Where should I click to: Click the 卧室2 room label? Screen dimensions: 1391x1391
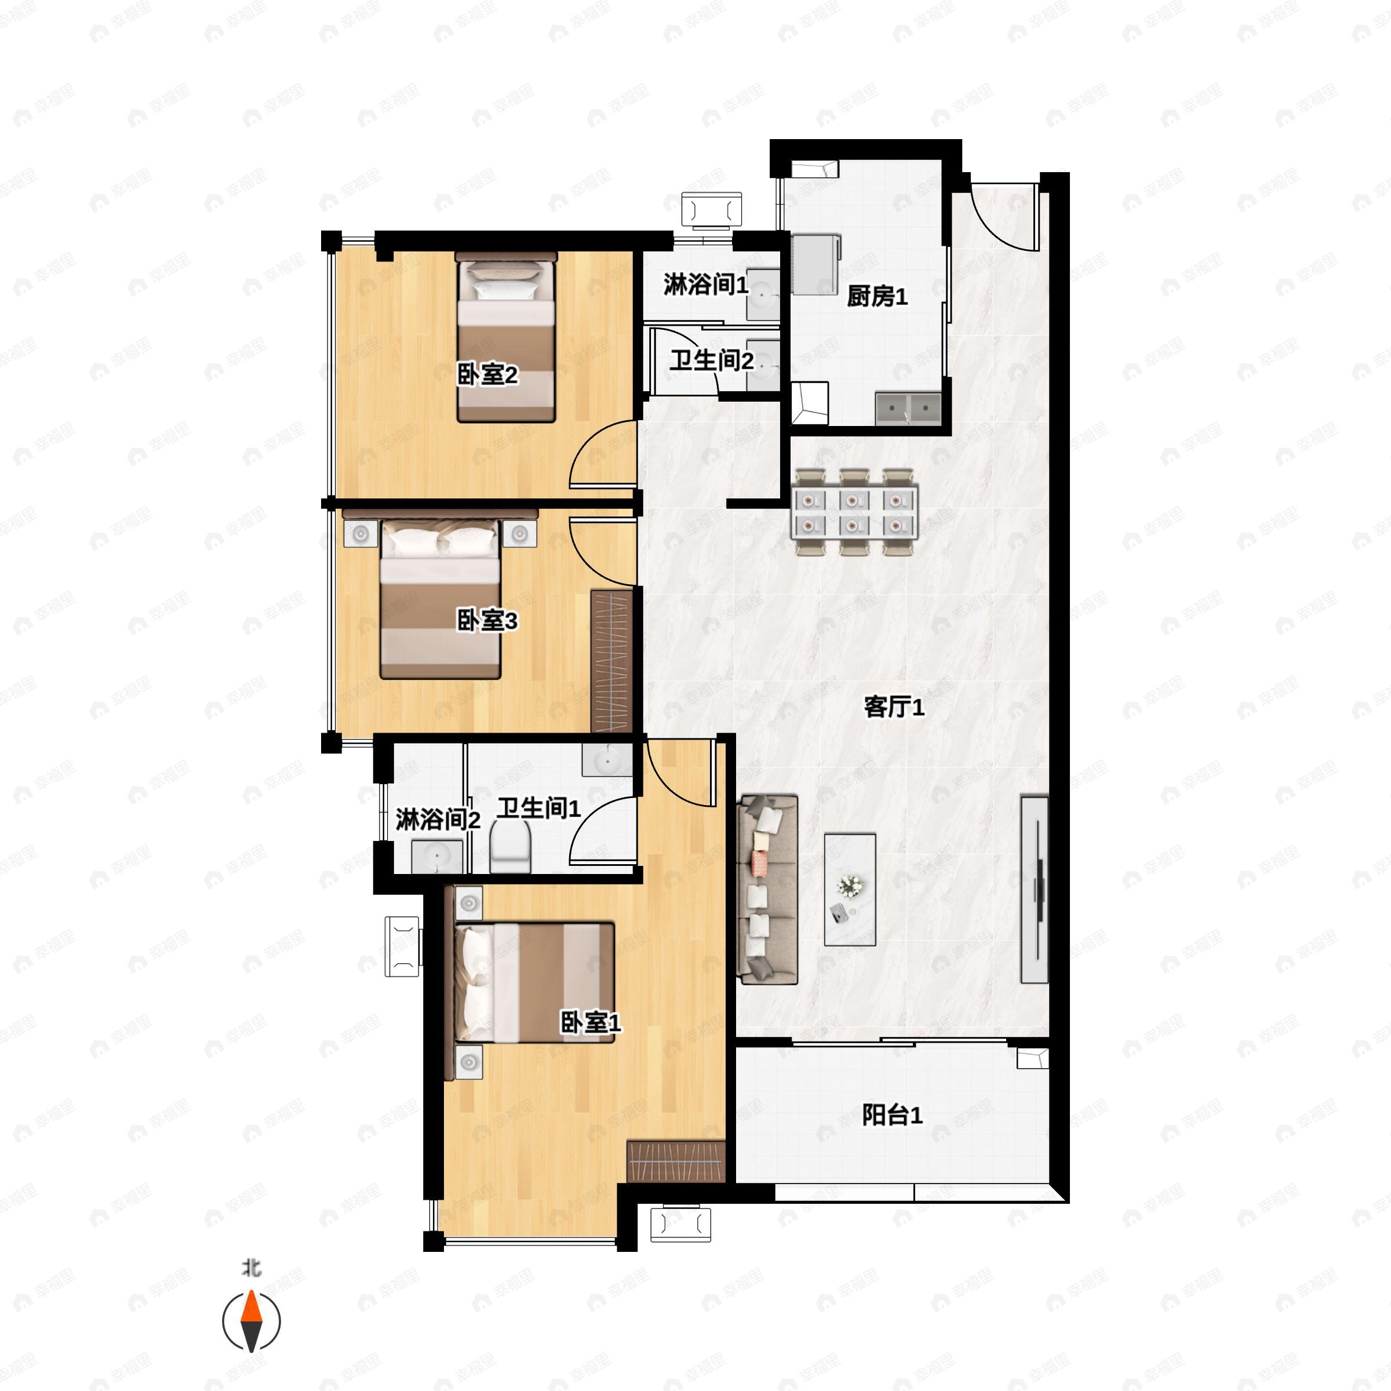(487, 375)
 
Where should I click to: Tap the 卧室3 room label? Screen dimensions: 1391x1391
(487, 620)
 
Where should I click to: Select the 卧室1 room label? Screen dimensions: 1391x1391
(591, 1022)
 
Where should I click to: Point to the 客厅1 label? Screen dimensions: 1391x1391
(894, 707)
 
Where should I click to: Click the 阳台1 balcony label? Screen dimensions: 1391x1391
(892, 1115)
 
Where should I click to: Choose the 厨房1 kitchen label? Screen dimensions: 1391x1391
(877, 296)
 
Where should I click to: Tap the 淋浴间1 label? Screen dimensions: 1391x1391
(705, 285)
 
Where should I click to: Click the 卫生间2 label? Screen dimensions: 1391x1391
(711, 360)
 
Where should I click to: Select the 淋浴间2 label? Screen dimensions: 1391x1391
(438, 820)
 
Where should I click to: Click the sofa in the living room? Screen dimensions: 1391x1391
(768, 889)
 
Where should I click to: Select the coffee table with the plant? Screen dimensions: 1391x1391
(850, 890)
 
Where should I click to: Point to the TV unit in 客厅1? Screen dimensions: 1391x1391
(1035, 889)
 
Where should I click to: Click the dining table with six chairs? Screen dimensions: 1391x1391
(854, 512)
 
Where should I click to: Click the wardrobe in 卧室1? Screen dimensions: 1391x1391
(675, 1161)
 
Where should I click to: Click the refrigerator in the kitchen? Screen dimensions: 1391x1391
(815, 264)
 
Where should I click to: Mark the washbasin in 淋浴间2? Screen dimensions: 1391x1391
(437, 857)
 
